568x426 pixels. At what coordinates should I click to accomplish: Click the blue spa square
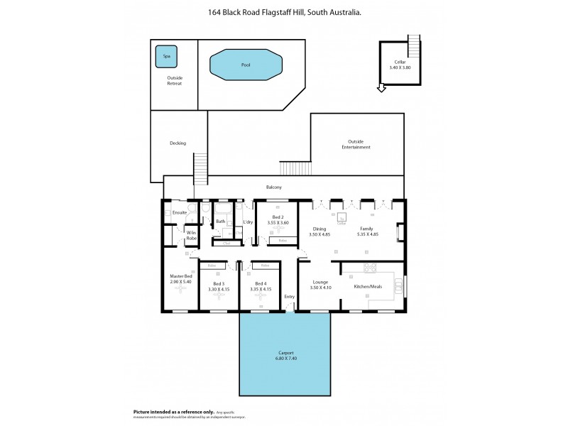pyautogui.click(x=167, y=55)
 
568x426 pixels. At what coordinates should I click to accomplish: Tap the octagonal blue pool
pyautogui.click(x=246, y=65)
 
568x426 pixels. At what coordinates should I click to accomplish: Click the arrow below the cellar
pyautogui.click(x=381, y=89)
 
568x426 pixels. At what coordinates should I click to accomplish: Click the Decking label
pyautogui.click(x=177, y=143)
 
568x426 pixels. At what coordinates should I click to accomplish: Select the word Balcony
pyautogui.click(x=274, y=187)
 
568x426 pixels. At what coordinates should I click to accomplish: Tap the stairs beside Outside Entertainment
pyautogui.click(x=295, y=168)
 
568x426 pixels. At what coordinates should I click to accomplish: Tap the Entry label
pyautogui.click(x=289, y=297)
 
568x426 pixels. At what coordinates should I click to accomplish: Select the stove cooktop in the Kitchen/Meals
pyautogui.click(x=369, y=268)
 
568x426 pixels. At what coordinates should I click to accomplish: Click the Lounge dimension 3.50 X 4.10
pyautogui.click(x=319, y=288)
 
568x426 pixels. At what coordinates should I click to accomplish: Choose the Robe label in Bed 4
pyautogui.click(x=265, y=266)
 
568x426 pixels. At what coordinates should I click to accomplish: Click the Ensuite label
pyautogui.click(x=180, y=212)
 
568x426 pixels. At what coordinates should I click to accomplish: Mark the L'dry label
pyautogui.click(x=248, y=222)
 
